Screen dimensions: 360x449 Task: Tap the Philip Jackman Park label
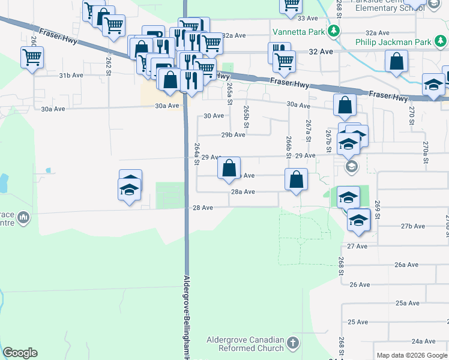393,43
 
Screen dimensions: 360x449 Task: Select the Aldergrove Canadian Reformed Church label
245,344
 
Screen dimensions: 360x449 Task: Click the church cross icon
292,343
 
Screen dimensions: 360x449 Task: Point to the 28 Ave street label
203,208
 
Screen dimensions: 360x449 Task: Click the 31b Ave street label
71,76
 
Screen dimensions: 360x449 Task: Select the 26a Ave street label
406,265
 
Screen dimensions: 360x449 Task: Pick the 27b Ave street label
413,226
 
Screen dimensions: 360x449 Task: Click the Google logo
20,353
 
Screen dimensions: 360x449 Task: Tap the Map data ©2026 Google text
411,355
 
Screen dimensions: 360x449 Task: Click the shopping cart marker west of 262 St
32,58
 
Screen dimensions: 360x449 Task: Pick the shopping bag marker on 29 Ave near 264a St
229,168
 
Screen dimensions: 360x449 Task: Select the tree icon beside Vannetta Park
338,30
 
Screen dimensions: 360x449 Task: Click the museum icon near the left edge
23,217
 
